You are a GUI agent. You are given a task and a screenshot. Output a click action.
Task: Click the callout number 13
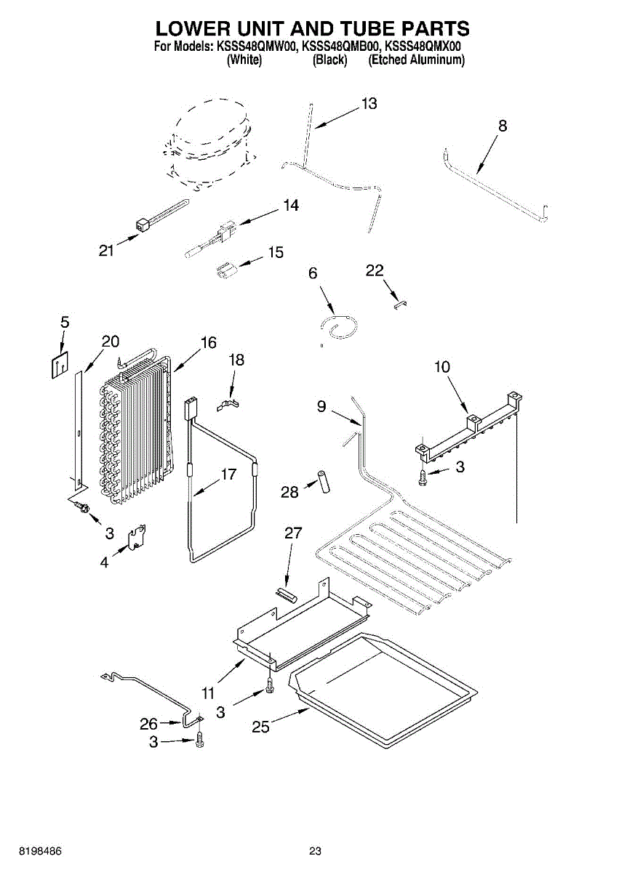[369, 104]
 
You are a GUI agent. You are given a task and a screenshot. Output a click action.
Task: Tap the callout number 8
[503, 126]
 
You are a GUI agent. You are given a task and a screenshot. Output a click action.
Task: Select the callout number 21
[107, 251]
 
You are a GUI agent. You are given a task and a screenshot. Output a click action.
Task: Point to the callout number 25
[260, 725]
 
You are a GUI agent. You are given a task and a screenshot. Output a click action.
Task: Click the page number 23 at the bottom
[315, 851]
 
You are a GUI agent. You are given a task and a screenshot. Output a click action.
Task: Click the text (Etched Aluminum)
[417, 60]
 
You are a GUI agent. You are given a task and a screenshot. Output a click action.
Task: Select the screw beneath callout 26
[200, 741]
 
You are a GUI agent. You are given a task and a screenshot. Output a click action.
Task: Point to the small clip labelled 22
[399, 303]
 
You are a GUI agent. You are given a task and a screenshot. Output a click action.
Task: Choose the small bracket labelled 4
[137, 538]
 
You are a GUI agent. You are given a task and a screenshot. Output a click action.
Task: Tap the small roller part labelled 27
[285, 593]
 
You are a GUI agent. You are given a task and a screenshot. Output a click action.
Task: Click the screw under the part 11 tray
[270, 684]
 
